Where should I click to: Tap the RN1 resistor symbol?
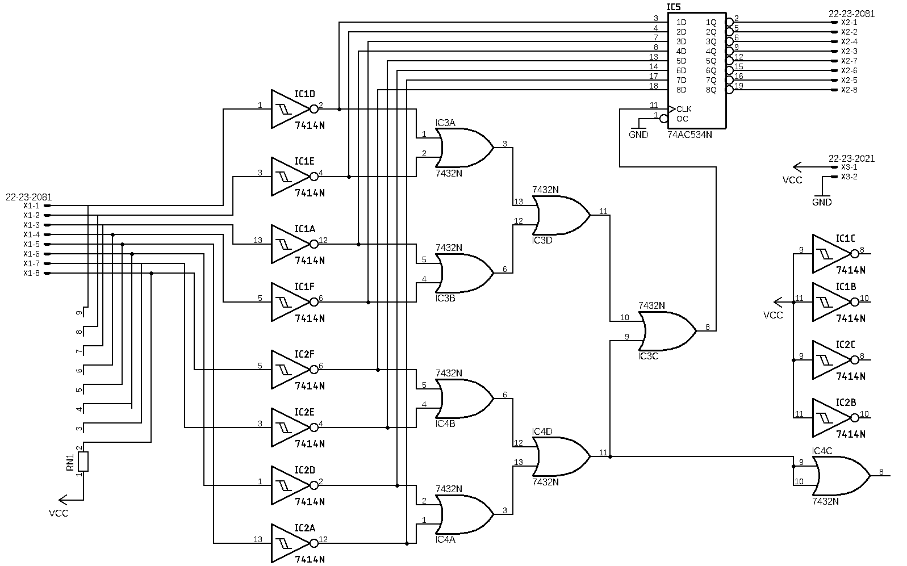[x=83, y=462]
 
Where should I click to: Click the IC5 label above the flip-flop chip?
[x=674, y=7]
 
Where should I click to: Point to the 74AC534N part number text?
[x=689, y=135]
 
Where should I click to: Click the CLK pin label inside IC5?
[x=684, y=109]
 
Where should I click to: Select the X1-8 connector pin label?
[x=31, y=273]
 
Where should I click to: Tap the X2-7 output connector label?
[x=849, y=61]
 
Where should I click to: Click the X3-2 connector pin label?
[x=849, y=177]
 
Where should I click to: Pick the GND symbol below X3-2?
[x=822, y=199]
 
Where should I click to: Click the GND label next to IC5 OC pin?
[x=638, y=135]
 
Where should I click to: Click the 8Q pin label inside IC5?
[x=711, y=90]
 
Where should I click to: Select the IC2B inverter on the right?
[x=831, y=418]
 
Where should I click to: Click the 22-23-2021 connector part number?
[x=851, y=158]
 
